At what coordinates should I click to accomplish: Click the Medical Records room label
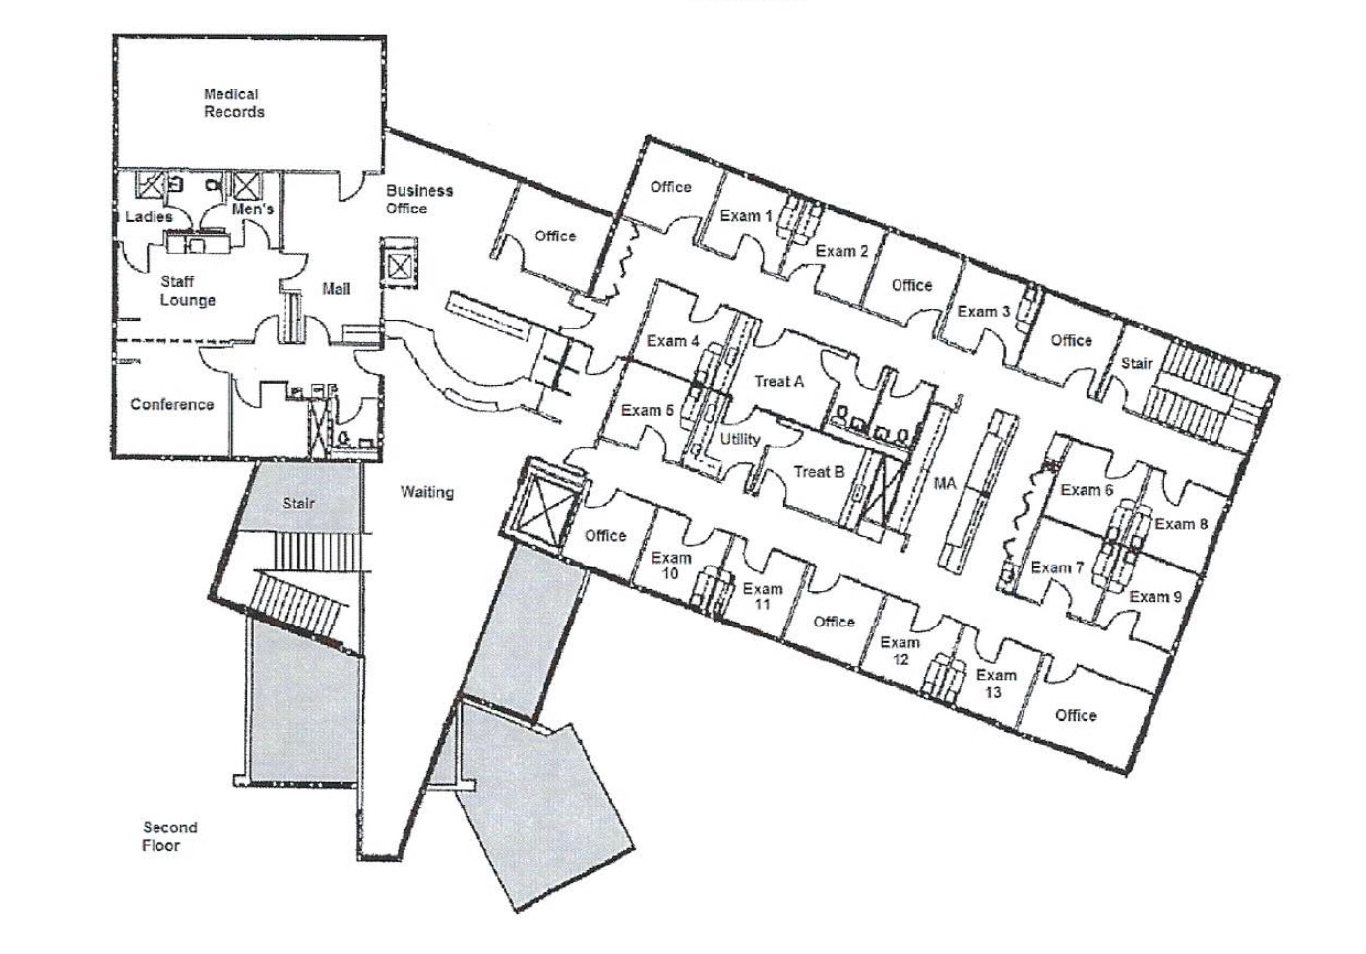click(x=233, y=103)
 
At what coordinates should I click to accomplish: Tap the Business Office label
click(x=418, y=199)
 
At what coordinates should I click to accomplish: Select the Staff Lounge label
click(x=187, y=291)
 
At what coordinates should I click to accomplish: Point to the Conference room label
click(x=171, y=404)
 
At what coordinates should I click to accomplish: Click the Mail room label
click(x=336, y=289)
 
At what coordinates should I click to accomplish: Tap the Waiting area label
click(x=426, y=492)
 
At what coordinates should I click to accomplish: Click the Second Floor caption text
click(x=169, y=836)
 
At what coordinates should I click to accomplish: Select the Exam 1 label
click(x=745, y=216)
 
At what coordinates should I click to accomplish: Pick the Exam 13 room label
click(x=995, y=684)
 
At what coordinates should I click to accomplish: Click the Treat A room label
click(x=778, y=381)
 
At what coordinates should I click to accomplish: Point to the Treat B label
click(x=819, y=472)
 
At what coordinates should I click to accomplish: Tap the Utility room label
click(x=739, y=439)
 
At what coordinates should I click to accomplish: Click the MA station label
click(x=944, y=483)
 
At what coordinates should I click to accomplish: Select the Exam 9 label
click(x=1155, y=597)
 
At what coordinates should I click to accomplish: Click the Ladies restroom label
click(x=149, y=216)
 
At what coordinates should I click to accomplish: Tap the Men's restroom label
click(x=252, y=209)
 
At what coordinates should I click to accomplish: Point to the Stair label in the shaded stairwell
click(x=298, y=504)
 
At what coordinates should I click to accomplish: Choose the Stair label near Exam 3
click(x=1136, y=363)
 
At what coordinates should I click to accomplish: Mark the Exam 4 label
click(x=672, y=341)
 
